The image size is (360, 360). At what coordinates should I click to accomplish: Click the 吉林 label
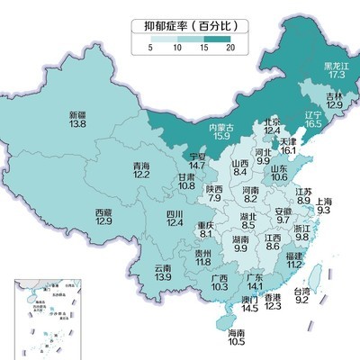(335, 96)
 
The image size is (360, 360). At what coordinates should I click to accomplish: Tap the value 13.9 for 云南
(163, 278)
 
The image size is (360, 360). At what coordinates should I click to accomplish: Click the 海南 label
(237, 332)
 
